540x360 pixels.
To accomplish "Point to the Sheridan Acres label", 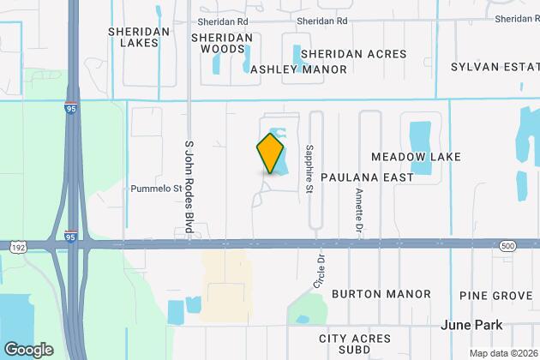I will [x=353, y=53].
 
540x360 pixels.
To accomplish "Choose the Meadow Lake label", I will [x=416, y=157].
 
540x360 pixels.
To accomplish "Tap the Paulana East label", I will [x=367, y=177].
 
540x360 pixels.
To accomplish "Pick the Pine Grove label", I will [x=495, y=296].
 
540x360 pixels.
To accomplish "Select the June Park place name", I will [x=470, y=325].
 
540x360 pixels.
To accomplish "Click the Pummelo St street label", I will [x=155, y=189].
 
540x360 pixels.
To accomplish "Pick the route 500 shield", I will [x=508, y=245].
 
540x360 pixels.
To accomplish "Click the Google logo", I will [x=29, y=349].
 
